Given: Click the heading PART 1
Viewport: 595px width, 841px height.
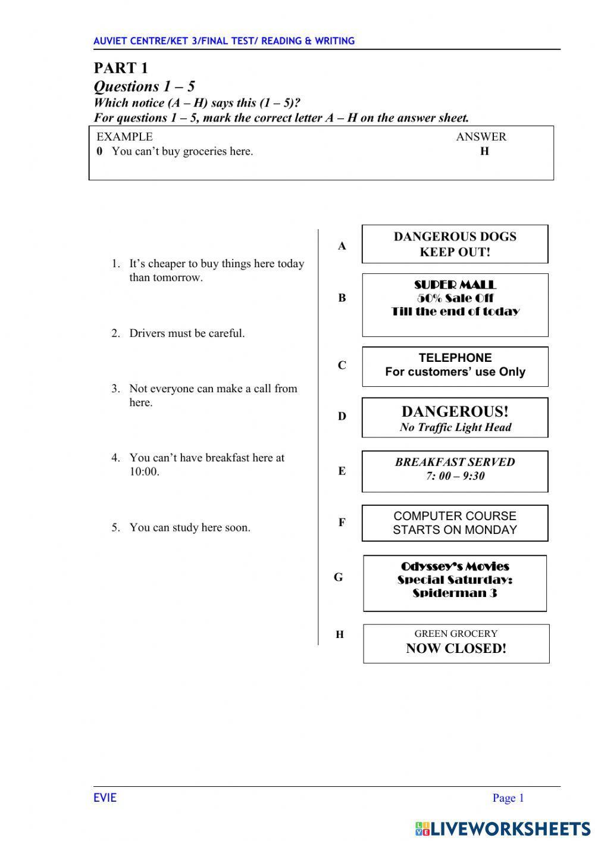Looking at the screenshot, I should point(121,68).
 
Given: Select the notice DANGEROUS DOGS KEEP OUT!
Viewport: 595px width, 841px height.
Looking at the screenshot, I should point(455,244).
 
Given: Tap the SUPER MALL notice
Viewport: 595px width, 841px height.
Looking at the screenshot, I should point(455,305).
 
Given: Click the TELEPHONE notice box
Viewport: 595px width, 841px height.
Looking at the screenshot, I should point(455,366).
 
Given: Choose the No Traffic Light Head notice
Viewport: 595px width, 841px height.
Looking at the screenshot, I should point(455,418).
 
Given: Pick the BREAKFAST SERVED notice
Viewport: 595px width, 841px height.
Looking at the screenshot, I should point(455,471).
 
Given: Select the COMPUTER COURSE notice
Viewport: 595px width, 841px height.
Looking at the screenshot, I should point(455,523).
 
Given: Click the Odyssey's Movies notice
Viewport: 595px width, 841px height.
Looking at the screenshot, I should point(455,583).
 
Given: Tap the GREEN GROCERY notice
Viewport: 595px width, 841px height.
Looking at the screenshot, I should point(456,643).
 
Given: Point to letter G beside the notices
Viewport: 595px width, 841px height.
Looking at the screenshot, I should point(338,577).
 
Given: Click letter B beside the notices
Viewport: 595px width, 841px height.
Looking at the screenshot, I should point(342,298).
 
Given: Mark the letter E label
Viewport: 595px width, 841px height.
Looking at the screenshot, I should point(342,471).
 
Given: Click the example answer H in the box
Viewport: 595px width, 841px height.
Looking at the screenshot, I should point(484,151).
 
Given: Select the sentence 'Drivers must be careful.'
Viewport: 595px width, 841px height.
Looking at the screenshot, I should point(187,333).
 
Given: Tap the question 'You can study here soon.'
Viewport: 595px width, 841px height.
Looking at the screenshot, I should point(190,527).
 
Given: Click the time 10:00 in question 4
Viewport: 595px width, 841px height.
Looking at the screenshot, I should point(144,472).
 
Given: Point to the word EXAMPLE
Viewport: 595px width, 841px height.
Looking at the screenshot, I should point(124,137).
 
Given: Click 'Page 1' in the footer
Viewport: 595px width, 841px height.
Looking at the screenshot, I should point(508,798).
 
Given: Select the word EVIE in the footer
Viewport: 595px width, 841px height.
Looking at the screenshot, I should point(105,798).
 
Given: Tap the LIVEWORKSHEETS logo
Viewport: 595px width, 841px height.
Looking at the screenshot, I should point(503,828).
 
